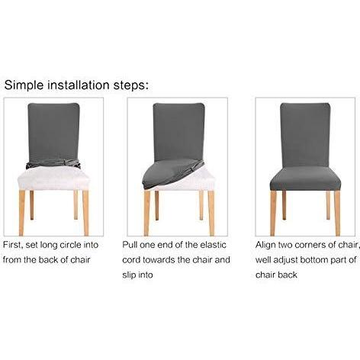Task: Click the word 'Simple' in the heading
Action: [25, 84]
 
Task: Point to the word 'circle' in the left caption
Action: [88, 246]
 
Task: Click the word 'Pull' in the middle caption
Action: [133, 246]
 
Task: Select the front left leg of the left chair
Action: [33, 210]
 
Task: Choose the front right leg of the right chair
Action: [329, 210]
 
